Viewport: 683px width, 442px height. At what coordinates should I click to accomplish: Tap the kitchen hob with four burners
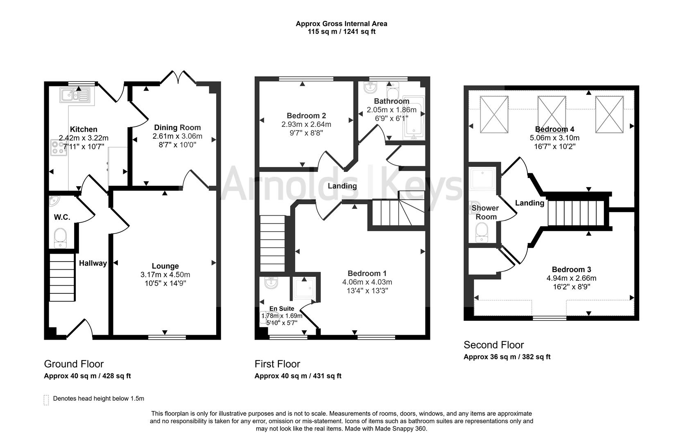(x=58, y=148)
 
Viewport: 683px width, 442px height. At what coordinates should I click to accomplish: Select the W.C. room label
(x=62, y=217)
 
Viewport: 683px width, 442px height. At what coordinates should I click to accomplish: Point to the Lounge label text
(x=165, y=266)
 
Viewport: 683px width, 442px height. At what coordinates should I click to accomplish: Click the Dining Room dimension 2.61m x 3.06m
(x=177, y=136)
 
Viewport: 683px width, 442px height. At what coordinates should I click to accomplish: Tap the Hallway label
(x=93, y=263)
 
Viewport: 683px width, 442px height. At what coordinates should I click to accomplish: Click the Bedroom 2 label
(x=306, y=116)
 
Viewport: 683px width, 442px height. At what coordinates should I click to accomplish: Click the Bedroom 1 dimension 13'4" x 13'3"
(x=367, y=291)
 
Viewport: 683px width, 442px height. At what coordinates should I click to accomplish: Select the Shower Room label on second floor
(x=485, y=212)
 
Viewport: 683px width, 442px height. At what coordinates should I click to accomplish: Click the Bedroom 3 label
(x=571, y=269)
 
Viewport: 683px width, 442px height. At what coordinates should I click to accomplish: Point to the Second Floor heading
(x=493, y=345)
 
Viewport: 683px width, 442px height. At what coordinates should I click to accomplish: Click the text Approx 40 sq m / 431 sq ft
(x=298, y=376)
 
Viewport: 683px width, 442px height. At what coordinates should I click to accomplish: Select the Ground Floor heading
(x=74, y=364)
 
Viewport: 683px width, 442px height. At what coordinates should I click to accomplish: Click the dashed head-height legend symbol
(x=46, y=400)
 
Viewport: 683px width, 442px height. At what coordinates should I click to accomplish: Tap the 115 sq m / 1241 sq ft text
(x=341, y=32)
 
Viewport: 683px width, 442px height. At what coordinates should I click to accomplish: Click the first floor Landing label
(x=342, y=186)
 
